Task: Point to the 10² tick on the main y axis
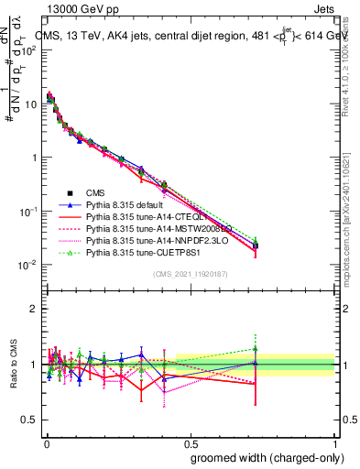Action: point(29,49)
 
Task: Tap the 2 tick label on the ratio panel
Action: point(33,309)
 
